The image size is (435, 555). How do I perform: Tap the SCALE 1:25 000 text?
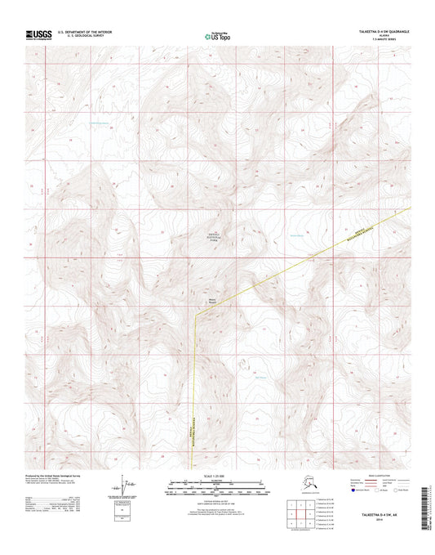click(x=217, y=476)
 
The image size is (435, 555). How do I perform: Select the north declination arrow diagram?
click(x=121, y=489)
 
